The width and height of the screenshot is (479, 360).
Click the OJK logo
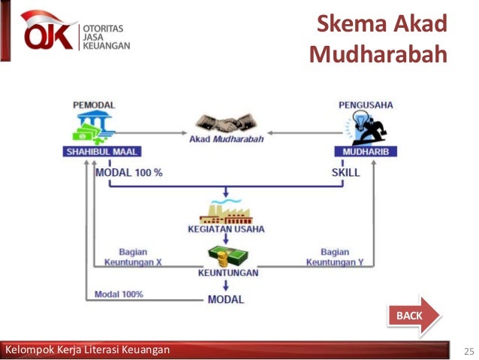pyautogui.click(x=75, y=34)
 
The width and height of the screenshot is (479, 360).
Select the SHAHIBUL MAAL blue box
pyautogui.click(x=99, y=151)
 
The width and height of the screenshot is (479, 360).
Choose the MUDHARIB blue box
pyautogui.click(x=366, y=151)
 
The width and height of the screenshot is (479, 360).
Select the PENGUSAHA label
pyautogui.click(x=366, y=104)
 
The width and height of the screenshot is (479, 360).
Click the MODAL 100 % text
pyautogui.click(x=130, y=172)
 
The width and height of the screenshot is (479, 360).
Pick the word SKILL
pyautogui.click(x=345, y=172)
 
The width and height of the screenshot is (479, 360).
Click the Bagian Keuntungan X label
pyautogui.click(x=143, y=257)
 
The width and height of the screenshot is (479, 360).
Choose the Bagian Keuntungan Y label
pyautogui.click(x=335, y=257)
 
